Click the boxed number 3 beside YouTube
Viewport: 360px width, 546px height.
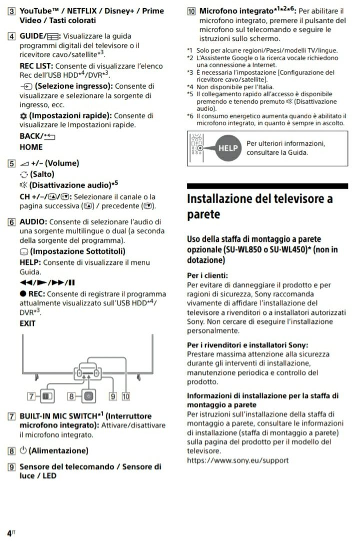[x=11, y=11]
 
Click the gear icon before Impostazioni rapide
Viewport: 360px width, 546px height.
[x=23, y=116]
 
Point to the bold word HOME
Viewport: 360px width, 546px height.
[x=31, y=147]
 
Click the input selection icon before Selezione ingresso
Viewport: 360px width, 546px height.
[x=25, y=86]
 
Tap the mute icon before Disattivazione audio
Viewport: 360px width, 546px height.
[x=23, y=185]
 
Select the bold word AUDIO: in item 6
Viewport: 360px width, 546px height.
[x=33, y=222]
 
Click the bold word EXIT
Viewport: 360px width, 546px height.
[x=27, y=323]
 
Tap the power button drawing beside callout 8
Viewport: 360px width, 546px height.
[x=88, y=396]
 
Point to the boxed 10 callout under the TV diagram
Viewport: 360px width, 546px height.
[x=125, y=396]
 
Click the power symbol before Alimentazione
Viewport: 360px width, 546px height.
[x=23, y=450]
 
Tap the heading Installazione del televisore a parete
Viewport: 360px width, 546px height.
[x=259, y=206]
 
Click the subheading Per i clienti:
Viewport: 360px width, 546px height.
[x=207, y=275]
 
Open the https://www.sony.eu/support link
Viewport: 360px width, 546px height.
[x=237, y=460]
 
